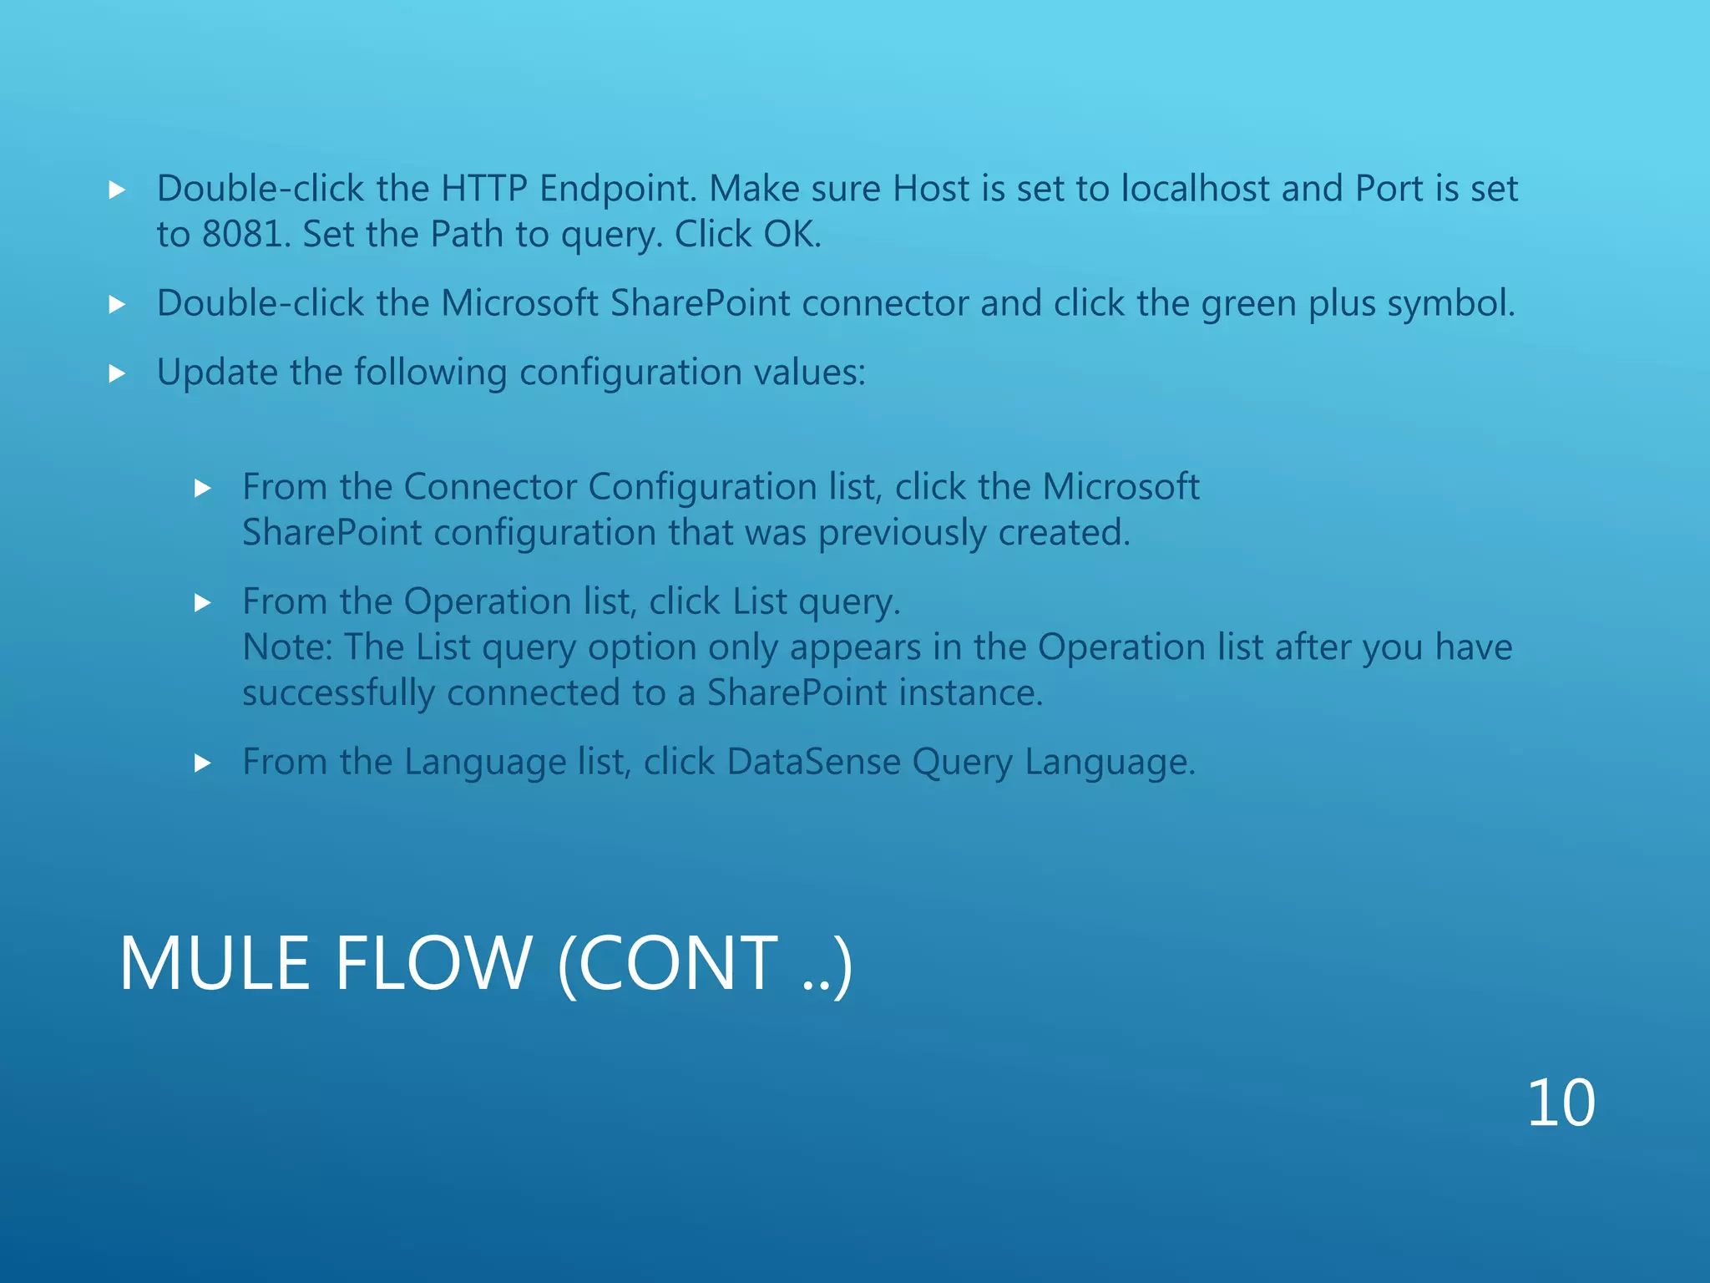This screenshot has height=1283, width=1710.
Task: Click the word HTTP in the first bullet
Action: click(x=483, y=189)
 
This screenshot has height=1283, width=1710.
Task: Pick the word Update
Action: click(x=217, y=373)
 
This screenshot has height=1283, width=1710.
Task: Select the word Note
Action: click(x=285, y=647)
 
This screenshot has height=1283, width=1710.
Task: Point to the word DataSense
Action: click(x=813, y=762)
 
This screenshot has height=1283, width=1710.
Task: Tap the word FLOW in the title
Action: click(x=433, y=964)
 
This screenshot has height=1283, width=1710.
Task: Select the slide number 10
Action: click(x=1561, y=1103)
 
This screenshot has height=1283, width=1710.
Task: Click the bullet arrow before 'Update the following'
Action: click(x=118, y=373)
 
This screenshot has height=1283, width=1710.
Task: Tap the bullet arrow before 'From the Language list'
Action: click(x=203, y=763)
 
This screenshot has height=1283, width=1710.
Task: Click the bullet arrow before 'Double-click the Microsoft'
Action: click(x=118, y=305)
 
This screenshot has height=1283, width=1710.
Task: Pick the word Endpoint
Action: click(x=616, y=189)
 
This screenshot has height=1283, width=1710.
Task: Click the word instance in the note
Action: click(x=970, y=693)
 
